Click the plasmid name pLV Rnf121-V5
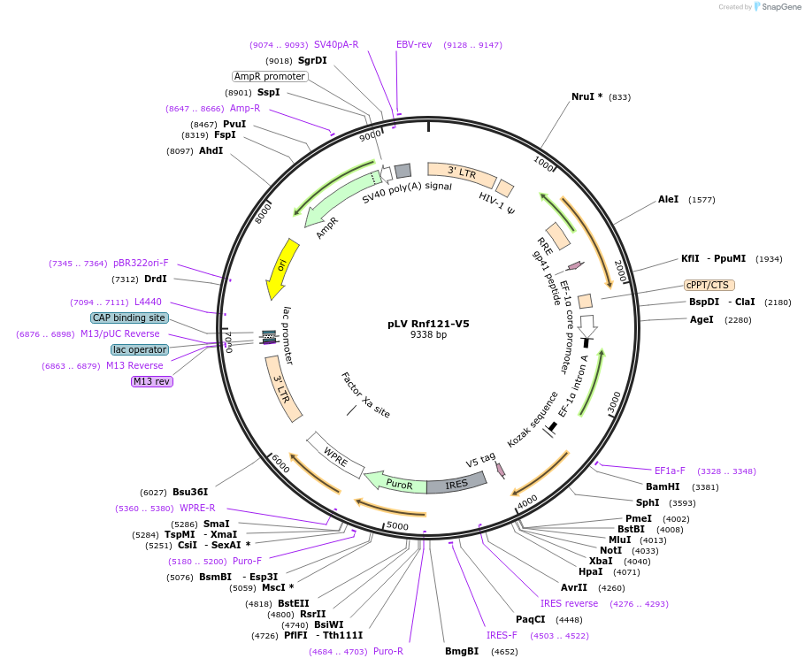pos(428,324)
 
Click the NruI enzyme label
pos(587,96)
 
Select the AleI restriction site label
pos(668,199)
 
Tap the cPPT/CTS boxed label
pos(708,285)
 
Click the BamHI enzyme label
pos(663,486)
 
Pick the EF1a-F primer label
pos(670,471)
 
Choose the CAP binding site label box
pos(128,318)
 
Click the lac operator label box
pos(139,349)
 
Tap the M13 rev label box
pos(151,381)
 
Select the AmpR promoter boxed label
pos(270,76)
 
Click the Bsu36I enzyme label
pos(190,492)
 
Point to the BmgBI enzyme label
pos(462,651)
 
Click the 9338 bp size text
pos(428,335)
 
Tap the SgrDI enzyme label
pos(312,60)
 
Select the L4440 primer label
pos(148,302)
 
